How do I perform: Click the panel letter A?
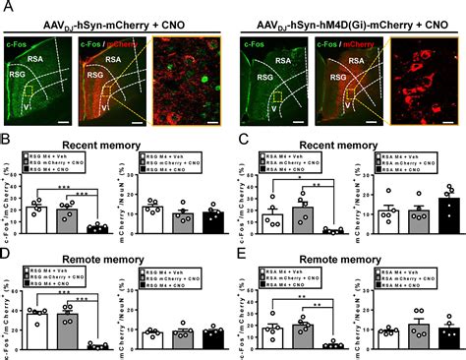click(7, 8)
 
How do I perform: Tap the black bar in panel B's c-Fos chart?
click(96, 228)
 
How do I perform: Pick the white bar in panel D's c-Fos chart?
click(36, 330)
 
